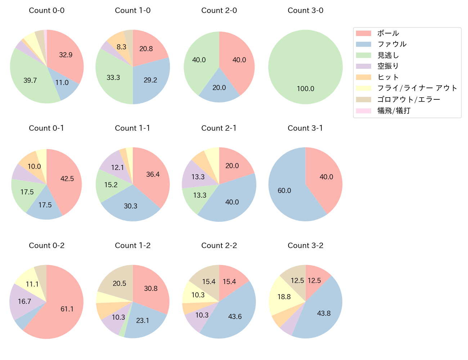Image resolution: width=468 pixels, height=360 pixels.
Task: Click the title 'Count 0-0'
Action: pyautogui.click(x=46, y=10)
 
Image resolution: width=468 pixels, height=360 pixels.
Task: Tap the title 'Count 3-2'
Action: pyautogui.click(x=305, y=246)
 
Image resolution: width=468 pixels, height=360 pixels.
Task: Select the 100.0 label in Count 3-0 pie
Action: pyautogui.click(x=305, y=89)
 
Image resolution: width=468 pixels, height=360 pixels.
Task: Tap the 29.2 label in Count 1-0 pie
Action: pyautogui.click(x=150, y=80)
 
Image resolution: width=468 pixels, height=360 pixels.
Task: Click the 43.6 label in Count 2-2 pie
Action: pyautogui.click(x=235, y=316)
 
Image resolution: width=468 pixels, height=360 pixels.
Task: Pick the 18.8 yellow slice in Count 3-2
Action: pyautogui.click(x=284, y=297)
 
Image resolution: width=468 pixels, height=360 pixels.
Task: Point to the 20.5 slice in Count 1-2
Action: pyautogui.click(x=119, y=283)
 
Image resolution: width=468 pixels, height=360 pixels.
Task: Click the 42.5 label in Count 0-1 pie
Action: pyautogui.click(x=67, y=179)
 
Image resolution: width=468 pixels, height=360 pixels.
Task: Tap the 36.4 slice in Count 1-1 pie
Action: pyautogui.click(x=153, y=174)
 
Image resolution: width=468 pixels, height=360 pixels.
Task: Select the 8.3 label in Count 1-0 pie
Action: pyautogui.click(x=121, y=47)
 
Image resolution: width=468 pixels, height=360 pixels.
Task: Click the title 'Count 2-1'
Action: pyautogui.click(x=219, y=128)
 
